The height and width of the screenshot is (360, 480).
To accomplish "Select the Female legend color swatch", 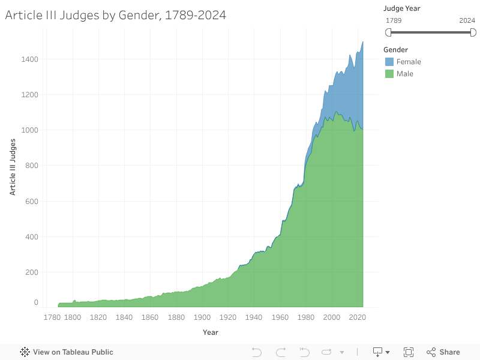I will click(389, 62).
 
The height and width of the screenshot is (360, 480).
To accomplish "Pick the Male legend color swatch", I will click(389, 74).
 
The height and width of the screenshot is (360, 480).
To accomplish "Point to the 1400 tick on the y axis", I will click(30, 59).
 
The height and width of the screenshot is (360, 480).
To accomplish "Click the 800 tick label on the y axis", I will click(32, 166).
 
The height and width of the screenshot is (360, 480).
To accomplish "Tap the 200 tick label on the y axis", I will click(32, 272).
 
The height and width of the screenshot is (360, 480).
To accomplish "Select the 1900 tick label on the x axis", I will click(202, 317).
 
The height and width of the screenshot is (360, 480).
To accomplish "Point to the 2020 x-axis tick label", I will click(358, 317).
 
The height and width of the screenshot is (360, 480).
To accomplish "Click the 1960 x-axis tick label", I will click(280, 317).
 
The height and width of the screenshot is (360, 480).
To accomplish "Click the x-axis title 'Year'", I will click(211, 332).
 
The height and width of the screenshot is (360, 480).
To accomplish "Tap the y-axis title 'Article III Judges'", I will click(13, 167).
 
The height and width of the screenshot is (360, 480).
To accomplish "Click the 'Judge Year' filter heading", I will click(402, 8).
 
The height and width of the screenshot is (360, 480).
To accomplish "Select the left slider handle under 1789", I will click(388, 32).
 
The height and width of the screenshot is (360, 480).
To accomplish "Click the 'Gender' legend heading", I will click(396, 50).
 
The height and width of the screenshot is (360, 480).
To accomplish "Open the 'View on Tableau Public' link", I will click(67, 352).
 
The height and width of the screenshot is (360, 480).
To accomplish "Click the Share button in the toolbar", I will click(443, 352).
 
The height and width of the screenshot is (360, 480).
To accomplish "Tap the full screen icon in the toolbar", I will click(409, 352).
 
